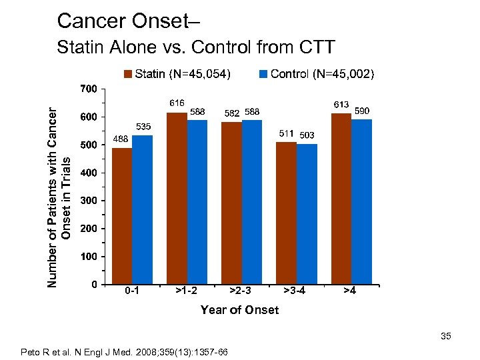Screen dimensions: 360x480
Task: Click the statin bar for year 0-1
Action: coord(122,216)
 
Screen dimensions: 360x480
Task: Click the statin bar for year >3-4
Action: coord(286,213)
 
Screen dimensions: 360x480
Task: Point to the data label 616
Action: coord(177,103)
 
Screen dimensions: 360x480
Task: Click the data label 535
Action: coord(143,126)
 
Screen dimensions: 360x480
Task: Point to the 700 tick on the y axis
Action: coord(88,89)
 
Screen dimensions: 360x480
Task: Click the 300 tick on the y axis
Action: coord(88,201)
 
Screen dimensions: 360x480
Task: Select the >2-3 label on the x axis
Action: coord(240,291)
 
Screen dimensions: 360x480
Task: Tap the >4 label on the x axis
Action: coord(349,291)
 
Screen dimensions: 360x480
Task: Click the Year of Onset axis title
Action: coord(240,309)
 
